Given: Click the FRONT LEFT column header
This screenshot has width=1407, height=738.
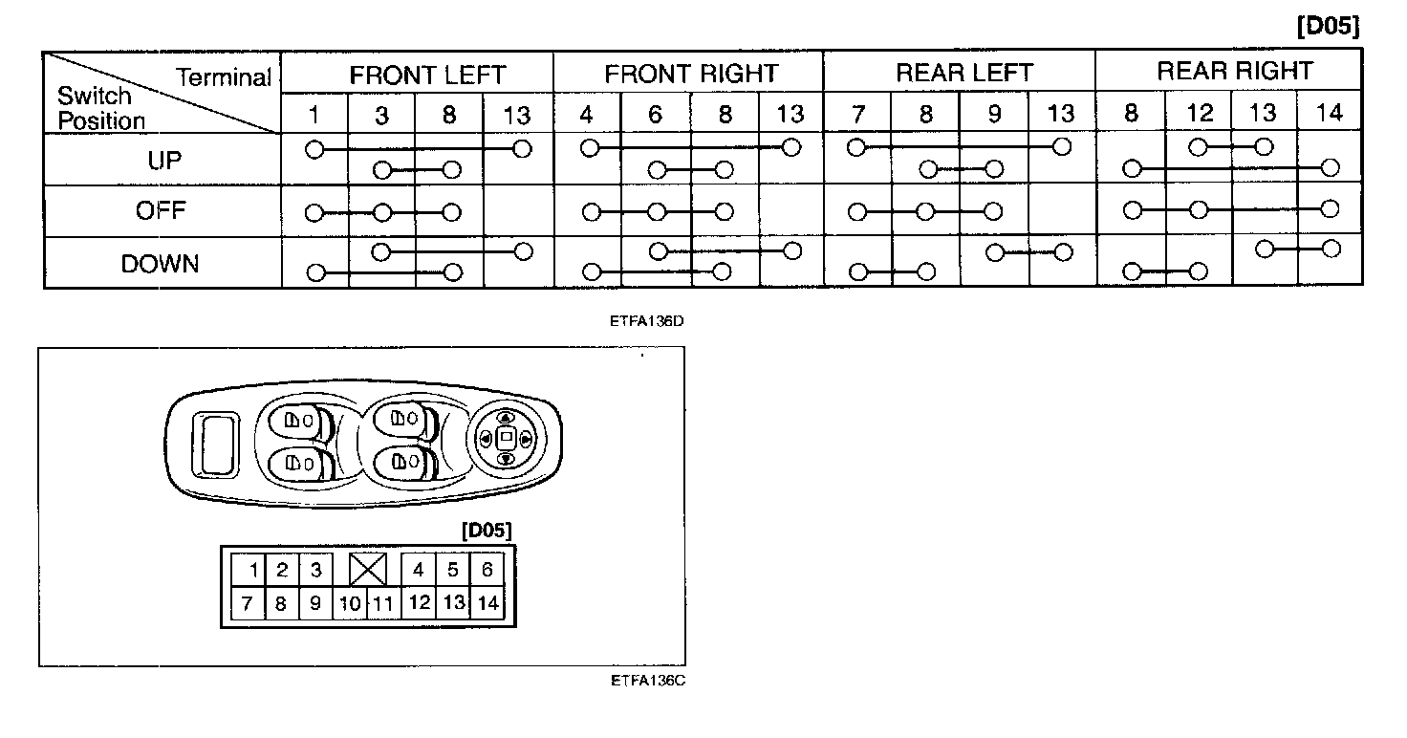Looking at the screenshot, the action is (426, 75).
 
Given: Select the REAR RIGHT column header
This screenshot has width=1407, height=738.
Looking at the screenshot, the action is (1235, 72).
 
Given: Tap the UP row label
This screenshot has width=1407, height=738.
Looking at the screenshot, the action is (163, 161).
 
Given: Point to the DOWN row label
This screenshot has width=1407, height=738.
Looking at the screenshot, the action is (161, 264).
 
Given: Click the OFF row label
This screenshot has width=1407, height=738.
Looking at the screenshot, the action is (161, 211).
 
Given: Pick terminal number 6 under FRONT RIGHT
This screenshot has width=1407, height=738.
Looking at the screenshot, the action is (656, 115).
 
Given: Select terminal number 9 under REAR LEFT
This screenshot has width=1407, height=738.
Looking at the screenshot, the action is (994, 115).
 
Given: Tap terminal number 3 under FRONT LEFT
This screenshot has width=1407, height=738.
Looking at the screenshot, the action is (381, 115).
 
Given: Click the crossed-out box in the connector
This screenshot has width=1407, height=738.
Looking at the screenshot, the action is (368, 571).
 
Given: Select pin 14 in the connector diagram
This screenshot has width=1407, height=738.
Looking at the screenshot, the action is (487, 603).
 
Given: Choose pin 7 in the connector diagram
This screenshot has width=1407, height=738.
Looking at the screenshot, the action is (248, 603).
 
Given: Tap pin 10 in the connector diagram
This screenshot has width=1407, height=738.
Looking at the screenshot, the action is (351, 603).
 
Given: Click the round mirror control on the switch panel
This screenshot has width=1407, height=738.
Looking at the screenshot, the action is (507, 438).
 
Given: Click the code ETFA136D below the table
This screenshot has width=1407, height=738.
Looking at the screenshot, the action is (647, 320).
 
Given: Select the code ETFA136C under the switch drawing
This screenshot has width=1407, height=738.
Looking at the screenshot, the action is (647, 682).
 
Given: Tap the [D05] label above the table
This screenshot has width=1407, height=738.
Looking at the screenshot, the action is (1328, 27).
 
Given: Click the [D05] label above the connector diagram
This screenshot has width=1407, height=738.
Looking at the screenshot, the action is (487, 530).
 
